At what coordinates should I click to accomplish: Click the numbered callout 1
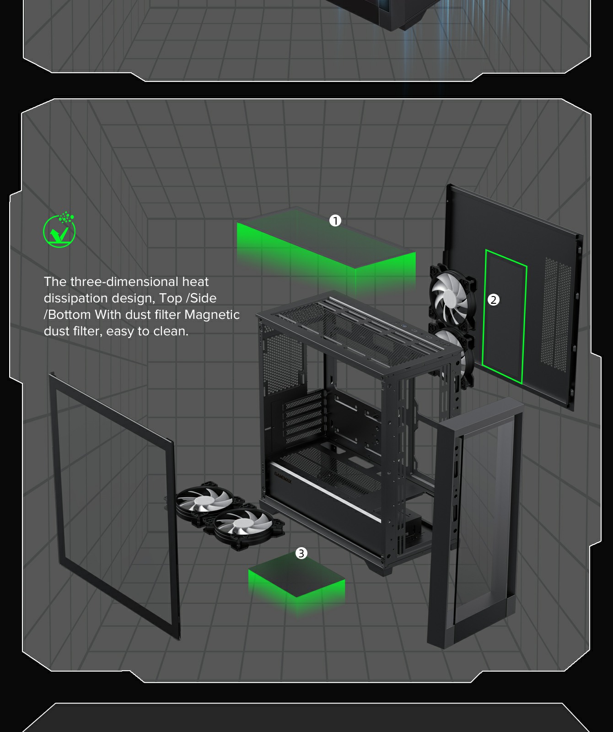tap(335, 221)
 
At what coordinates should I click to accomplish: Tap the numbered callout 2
tap(493, 300)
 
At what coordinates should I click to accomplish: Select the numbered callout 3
tap(301, 554)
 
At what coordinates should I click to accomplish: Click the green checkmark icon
tap(59, 230)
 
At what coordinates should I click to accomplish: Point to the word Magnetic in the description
tap(212, 315)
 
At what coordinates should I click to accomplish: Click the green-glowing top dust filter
tap(326, 249)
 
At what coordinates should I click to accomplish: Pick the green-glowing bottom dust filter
tap(296, 579)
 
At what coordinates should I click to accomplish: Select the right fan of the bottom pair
tap(242, 526)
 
